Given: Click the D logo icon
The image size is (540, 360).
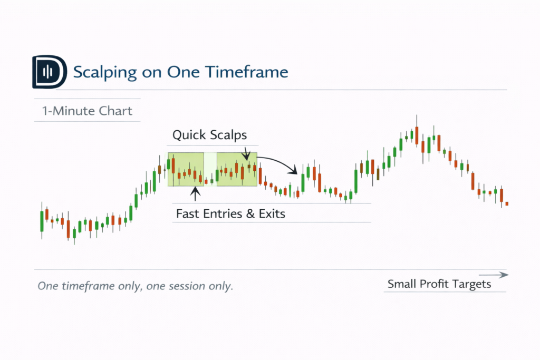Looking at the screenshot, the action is pos(50,72).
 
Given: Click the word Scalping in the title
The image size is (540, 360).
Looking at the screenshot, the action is pos(105,73).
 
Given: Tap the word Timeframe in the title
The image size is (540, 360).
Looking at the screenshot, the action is pos(247,72).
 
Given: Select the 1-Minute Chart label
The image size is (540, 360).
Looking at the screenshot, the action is pos(87,111).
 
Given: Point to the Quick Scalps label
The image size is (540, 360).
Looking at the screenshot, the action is pos(210,135).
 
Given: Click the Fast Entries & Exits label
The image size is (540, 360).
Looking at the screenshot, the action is pos(230,213).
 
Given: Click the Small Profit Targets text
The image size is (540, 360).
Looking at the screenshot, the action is pos(439,284).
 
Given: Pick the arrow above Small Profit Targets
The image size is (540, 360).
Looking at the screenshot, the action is pos(494,275).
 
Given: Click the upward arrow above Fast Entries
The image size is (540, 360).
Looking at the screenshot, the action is pos(195,194).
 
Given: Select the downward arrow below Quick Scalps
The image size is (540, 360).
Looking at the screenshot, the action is pos(246,154).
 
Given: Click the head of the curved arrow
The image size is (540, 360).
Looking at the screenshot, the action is pos(293,170).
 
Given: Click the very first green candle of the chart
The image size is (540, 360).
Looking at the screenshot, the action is pos(42,221).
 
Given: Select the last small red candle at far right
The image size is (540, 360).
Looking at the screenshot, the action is pos(507,204).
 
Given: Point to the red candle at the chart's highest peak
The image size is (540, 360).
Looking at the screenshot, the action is pos(417,135).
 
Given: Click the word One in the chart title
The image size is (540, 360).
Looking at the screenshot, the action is pos(183,72).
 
